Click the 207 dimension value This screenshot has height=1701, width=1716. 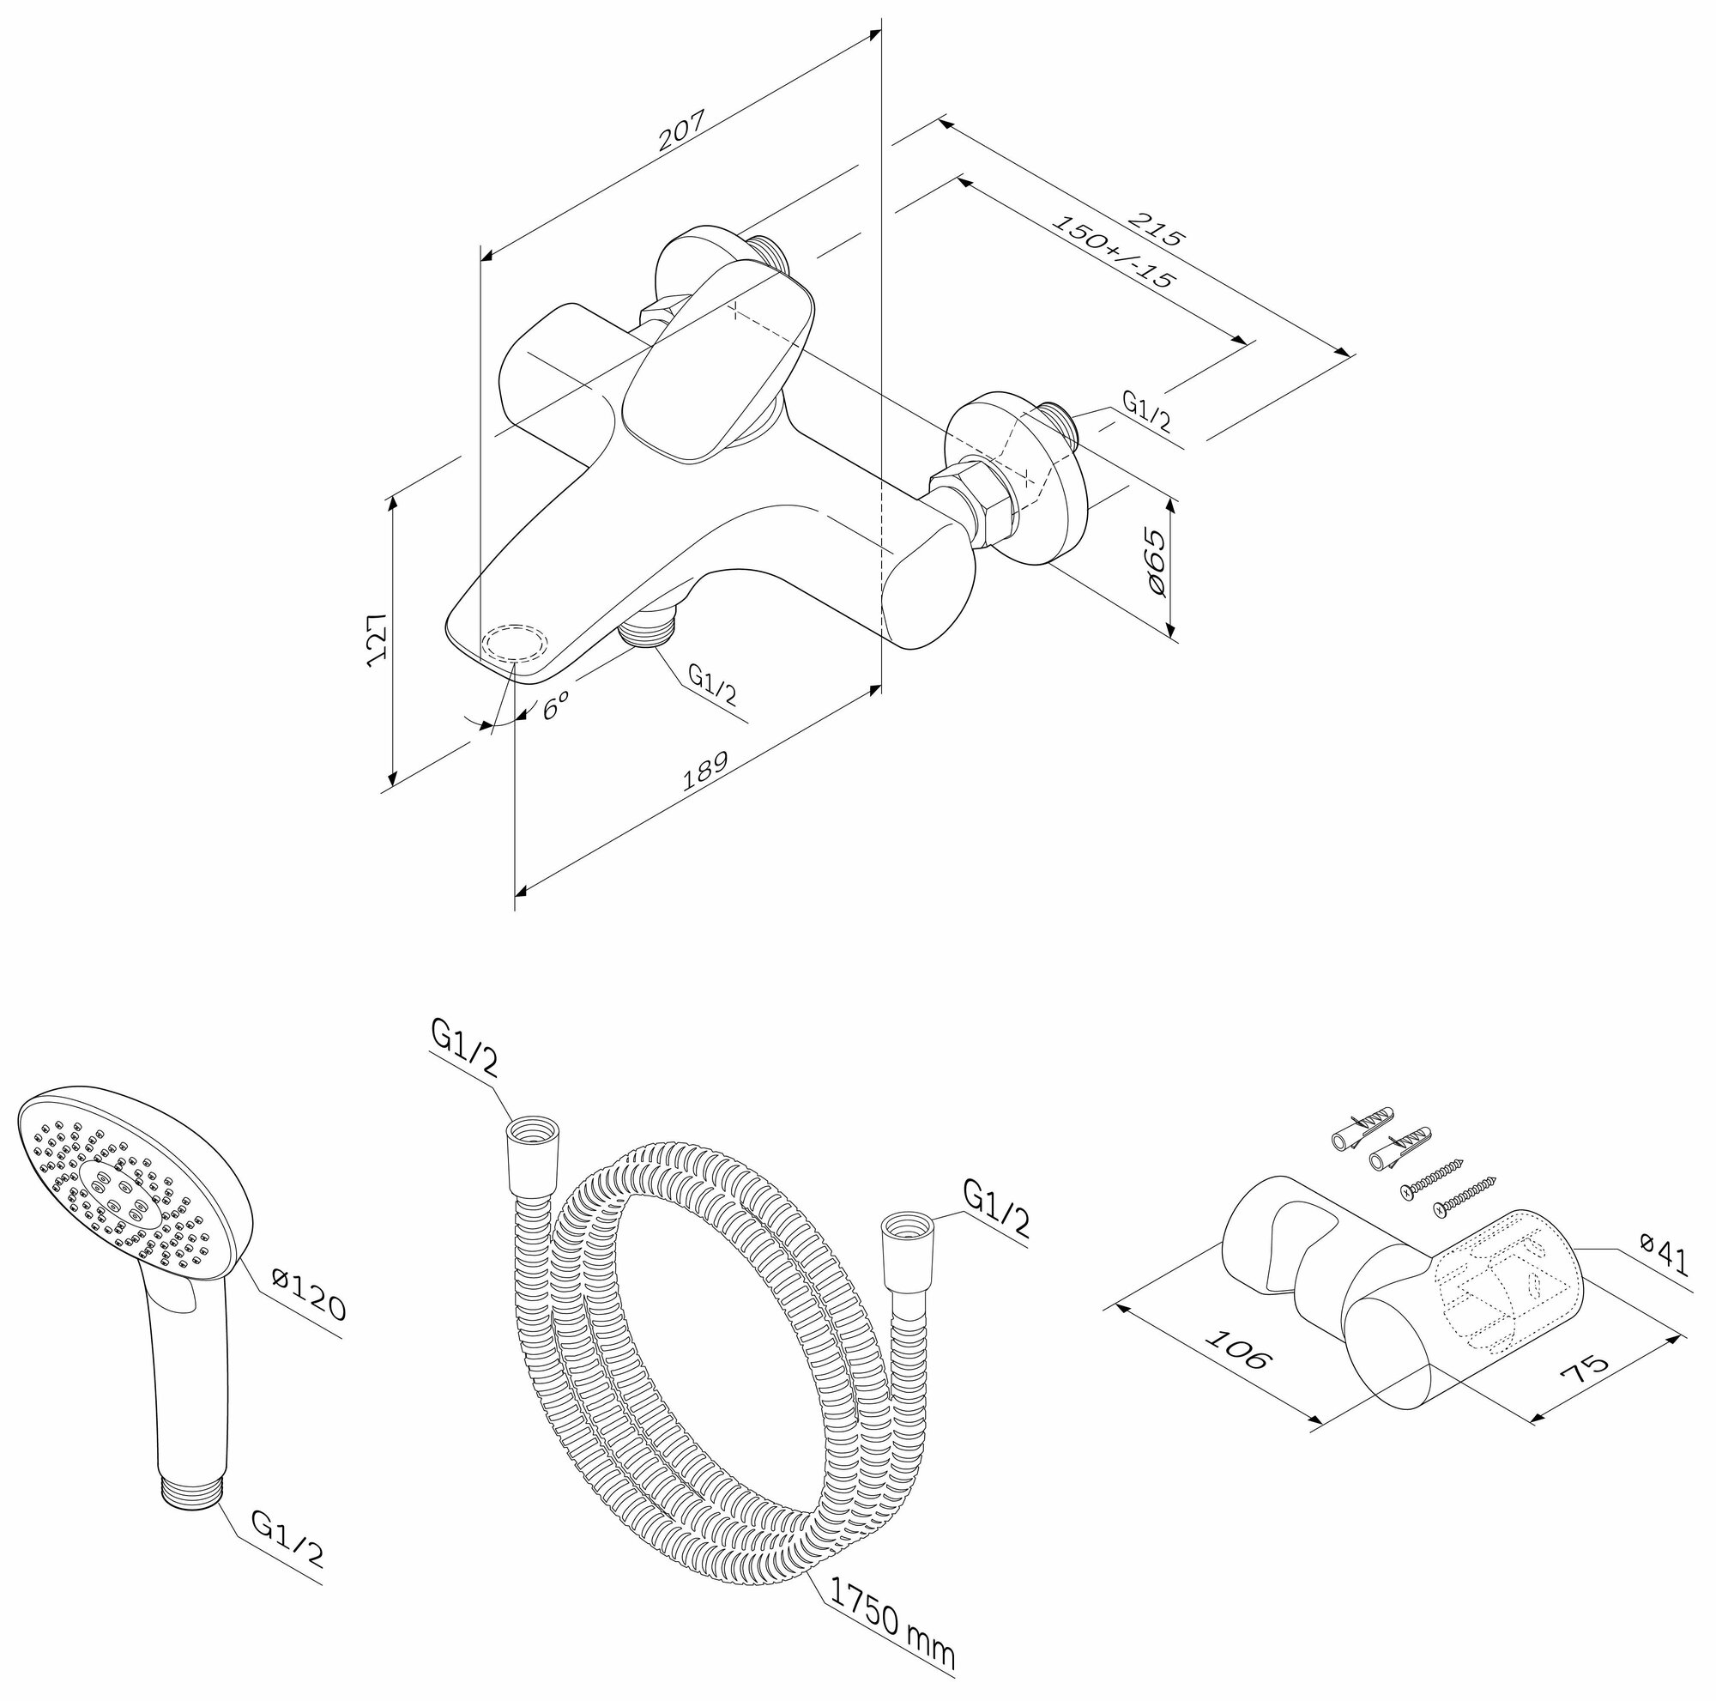point(681,130)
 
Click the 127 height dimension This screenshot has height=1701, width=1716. point(378,637)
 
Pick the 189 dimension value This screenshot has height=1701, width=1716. point(705,771)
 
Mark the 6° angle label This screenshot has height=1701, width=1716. point(556,706)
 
